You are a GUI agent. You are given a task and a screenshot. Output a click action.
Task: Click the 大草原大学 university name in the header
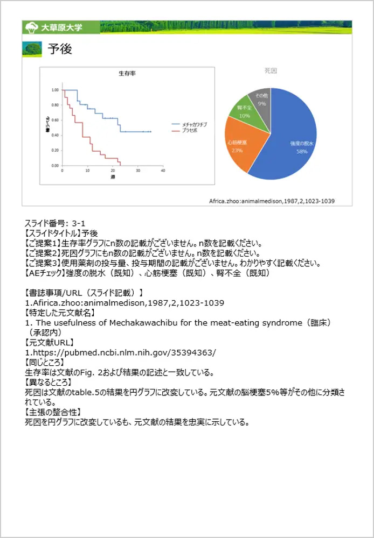pyautogui.click(x=61, y=27)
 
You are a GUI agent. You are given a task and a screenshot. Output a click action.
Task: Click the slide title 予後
pyautogui.click(x=60, y=49)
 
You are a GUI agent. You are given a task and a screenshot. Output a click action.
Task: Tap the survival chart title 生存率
pyautogui.click(x=127, y=73)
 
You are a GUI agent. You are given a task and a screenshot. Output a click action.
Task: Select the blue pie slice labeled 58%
pyautogui.click(x=296, y=140)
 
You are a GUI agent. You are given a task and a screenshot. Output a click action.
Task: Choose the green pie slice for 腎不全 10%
pyautogui.click(x=245, y=110)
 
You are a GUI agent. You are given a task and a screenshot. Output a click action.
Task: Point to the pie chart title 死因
pyautogui.click(x=271, y=71)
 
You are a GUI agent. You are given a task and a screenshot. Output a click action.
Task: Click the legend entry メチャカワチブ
pyautogui.click(x=193, y=124)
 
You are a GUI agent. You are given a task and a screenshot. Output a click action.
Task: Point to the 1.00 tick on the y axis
pyautogui.click(x=55, y=90)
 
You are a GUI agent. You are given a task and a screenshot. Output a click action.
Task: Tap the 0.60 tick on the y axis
pyautogui.click(x=55, y=120)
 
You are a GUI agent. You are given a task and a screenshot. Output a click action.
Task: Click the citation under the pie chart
pyautogui.click(x=272, y=201)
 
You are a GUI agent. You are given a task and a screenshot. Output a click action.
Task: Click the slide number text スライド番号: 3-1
pyautogui.click(x=56, y=224)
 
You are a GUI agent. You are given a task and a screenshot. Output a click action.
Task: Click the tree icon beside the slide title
pyautogui.click(x=32, y=49)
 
